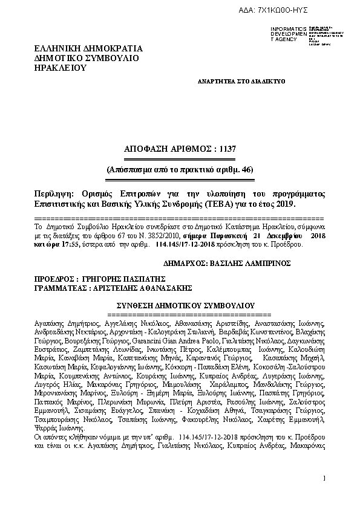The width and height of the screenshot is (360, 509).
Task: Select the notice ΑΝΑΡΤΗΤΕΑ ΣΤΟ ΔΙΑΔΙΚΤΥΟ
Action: (x=241, y=80)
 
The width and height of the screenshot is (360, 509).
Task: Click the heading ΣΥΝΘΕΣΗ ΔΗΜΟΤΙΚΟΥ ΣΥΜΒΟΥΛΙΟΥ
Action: (x=180, y=306)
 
